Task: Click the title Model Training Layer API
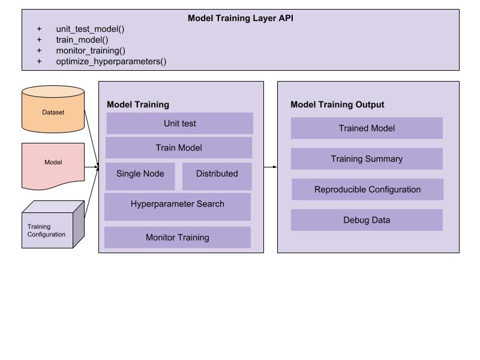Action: (x=240, y=18)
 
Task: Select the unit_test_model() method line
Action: (x=90, y=29)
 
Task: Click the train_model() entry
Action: (x=82, y=40)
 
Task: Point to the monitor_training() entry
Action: (x=91, y=50)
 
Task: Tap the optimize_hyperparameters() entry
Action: (x=111, y=61)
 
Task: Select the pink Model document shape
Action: (x=53, y=162)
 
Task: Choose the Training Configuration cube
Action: (x=51, y=227)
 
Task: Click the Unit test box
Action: (x=179, y=124)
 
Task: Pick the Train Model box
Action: (x=179, y=148)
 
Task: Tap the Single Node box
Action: (x=140, y=173)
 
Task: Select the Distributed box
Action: (x=217, y=173)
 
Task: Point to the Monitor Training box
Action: (x=178, y=238)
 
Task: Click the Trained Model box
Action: (x=367, y=128)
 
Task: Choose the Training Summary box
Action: (x=367, y=159)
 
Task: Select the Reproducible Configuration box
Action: (x=367, y=190)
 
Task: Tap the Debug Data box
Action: (x=367, y=220)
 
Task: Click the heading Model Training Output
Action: (x=337, y=104)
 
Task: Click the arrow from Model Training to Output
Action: (x=270, y=167)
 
